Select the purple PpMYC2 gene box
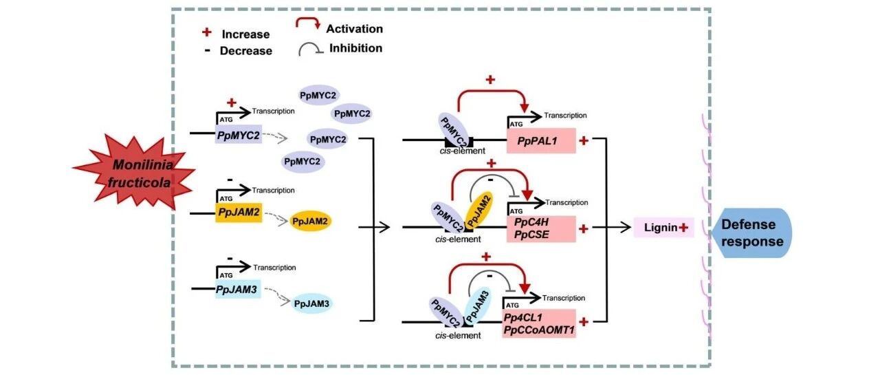[x=239, y=134]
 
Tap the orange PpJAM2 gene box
[x=239, y=213]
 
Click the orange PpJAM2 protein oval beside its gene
[x=310, y=221]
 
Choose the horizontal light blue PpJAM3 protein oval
[x=312, y=304]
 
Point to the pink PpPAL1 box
[x=541, y=141]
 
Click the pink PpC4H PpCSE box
[x=541, y=228]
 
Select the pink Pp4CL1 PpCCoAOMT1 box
[x=540, y=323]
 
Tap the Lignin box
[x=664, y=227]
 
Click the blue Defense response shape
[x=750, y=233]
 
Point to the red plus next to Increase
[x=207, y=32]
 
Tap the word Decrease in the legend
[x=246, y=51]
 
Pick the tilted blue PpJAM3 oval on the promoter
[x=478, y=306]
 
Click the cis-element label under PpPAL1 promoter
[x=463, y=151]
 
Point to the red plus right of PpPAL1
[x=584, y=140]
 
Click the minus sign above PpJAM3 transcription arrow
[x=230, y=259]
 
